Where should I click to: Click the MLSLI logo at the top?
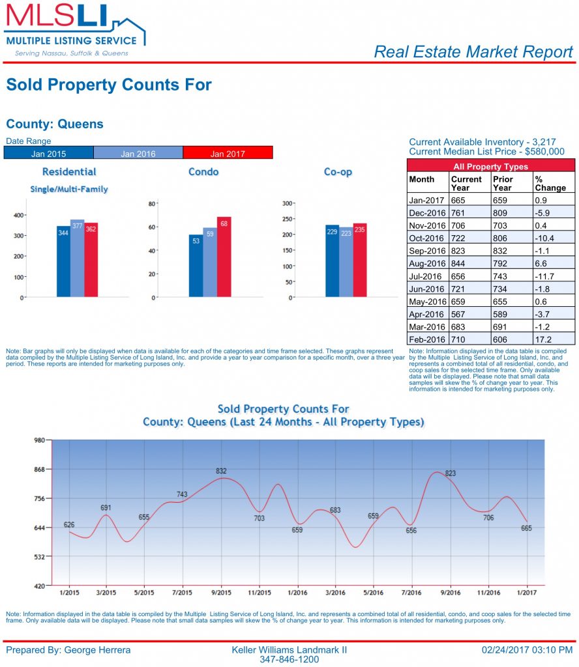(74, 29)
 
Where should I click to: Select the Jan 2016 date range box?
(138, 153)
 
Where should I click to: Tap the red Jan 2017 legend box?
(228, 153)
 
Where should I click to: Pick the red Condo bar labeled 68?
(224, 257)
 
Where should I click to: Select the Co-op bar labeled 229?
(332, 261)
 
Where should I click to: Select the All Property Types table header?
(490, 166)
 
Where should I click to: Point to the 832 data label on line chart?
(222, 471)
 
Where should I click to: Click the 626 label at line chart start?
(69, 524)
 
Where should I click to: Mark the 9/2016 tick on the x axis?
(450, 593)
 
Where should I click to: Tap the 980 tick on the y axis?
(39, 440)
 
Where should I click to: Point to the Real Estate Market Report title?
(473, 52)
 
